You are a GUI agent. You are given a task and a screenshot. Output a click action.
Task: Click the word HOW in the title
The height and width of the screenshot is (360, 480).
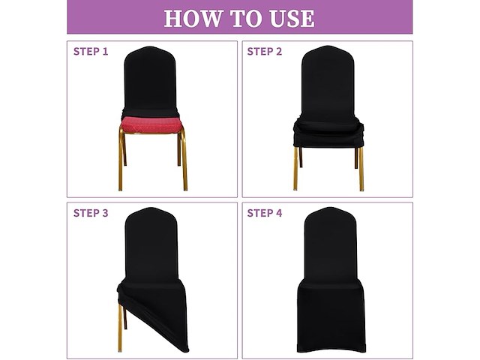coord(192,19)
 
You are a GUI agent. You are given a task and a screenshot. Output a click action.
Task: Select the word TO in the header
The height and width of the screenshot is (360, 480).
coord(245,19)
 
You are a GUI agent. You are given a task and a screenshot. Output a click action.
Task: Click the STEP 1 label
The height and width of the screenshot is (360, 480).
coord(91,52)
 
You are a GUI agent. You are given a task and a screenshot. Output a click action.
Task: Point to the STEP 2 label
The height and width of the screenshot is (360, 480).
coord(265,52)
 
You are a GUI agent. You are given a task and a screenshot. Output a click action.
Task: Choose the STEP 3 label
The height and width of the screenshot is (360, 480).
coord(91,213)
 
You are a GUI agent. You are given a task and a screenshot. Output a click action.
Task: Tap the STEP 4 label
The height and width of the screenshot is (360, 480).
coord(265,213)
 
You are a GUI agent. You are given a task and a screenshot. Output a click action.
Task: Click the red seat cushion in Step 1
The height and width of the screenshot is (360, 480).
coord(151,125)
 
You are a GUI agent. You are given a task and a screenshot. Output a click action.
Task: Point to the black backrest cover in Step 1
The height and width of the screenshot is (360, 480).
coord(150,81)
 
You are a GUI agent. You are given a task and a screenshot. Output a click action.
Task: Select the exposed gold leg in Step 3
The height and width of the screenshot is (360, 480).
coord(120,328)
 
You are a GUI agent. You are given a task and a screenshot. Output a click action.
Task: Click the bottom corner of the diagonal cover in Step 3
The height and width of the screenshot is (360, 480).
coord(186,350)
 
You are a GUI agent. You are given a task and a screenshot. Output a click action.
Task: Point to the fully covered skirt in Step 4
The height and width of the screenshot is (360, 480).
coord(331,315)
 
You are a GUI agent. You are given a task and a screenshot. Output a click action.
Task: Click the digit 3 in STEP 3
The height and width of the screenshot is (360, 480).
coord(105,213)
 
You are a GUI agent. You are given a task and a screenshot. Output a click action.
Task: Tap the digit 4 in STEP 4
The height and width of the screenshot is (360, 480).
coord(279,213)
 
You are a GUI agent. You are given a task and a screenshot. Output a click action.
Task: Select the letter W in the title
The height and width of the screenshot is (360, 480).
coord(210,19)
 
